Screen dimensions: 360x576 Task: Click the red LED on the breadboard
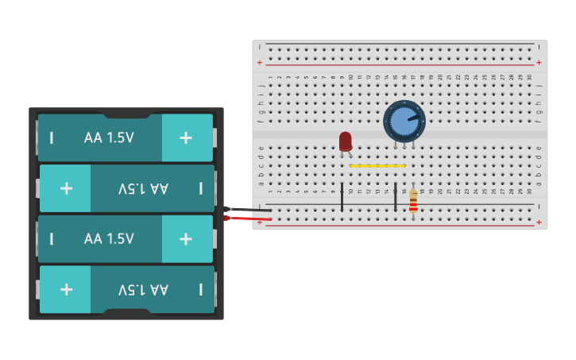[x=345, y=141]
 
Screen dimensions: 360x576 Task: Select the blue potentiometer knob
[x=404, y=121]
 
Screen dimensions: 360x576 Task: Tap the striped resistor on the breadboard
[x=413, y=202]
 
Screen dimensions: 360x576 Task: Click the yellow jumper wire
[x=377, y=166]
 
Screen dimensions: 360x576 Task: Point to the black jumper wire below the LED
[x=342, y=196]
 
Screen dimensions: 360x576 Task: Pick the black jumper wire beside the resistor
[x=395, y=196]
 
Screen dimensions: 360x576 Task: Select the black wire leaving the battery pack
[x=246, y=209]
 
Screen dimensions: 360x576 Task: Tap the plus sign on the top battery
[x=186, y=137]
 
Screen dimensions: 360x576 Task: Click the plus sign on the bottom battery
[x=67, y=289]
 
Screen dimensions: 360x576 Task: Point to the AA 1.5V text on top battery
[x=109, y=137]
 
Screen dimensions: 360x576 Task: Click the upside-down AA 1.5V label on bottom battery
[x=143, y=289]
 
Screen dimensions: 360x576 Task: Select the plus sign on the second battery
[x=67, y=188]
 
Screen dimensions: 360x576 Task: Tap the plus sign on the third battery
[x=186, y=238]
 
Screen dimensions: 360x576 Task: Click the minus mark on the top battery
[x=52, y=137]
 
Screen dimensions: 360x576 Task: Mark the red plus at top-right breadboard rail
[x=539, y=62]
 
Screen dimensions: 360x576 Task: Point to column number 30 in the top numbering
[x=529, y=77]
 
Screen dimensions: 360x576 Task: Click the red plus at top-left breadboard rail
[x=260, y=62]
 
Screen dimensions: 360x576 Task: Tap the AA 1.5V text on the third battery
[x=109, y=238]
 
